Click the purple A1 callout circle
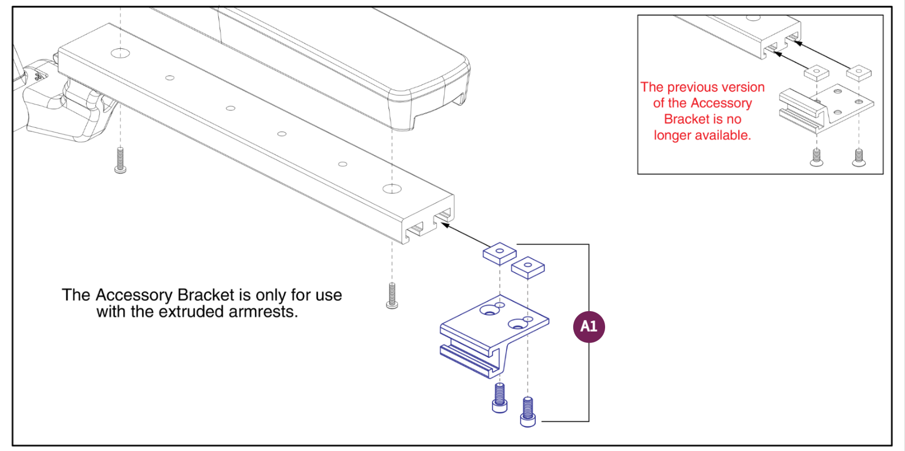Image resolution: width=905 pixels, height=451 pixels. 588,327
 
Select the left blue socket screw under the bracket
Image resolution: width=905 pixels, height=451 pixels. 500,398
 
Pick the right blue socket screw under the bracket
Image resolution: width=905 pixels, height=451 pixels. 527,412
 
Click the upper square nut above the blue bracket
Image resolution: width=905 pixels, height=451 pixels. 499,253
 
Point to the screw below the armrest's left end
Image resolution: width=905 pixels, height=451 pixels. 120,160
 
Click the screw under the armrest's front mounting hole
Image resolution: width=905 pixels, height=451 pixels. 392,295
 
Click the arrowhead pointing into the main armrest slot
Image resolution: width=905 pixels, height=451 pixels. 445,225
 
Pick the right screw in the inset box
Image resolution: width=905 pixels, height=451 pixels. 858,157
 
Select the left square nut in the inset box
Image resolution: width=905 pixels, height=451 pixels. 816,72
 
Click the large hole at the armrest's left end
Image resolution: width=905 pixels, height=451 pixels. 121,52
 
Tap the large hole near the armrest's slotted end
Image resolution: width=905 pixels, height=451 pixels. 392,189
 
